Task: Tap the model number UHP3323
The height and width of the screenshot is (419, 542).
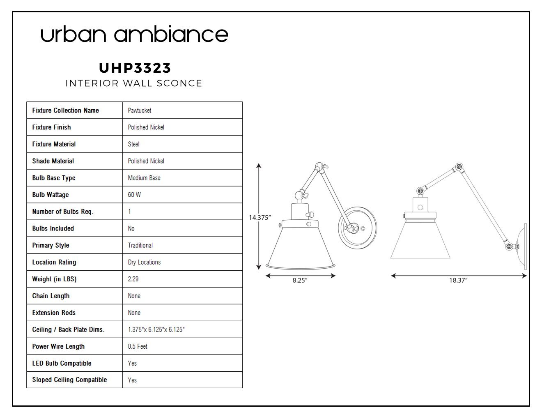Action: [x=135, y=68]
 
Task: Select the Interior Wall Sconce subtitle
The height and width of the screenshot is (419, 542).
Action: [x=134, y=83]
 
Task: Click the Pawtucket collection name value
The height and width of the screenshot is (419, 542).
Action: [x=140, y=111]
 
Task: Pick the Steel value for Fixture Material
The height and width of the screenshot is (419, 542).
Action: [x=134, y=144]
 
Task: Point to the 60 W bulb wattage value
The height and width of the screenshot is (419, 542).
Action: [x=134, y=195]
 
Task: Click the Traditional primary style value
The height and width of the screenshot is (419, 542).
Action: [x=140, y=245]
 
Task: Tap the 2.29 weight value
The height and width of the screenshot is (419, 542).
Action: [x=133, y=279]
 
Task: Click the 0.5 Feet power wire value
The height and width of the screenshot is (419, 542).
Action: [x=138, y=346]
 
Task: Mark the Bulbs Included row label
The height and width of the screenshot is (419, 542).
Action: [x=53, y=228]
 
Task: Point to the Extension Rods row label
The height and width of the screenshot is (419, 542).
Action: [x=54, y=313]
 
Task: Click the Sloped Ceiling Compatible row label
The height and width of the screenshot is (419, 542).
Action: [x=69, y=380]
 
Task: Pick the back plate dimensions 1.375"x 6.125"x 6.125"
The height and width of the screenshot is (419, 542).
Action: [x=156, y=329]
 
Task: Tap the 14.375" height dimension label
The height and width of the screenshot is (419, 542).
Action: [x=260, y=218]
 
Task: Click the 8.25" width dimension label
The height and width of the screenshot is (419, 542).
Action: [x=300, y=280]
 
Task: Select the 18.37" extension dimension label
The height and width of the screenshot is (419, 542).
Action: [x=458, y=280]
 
